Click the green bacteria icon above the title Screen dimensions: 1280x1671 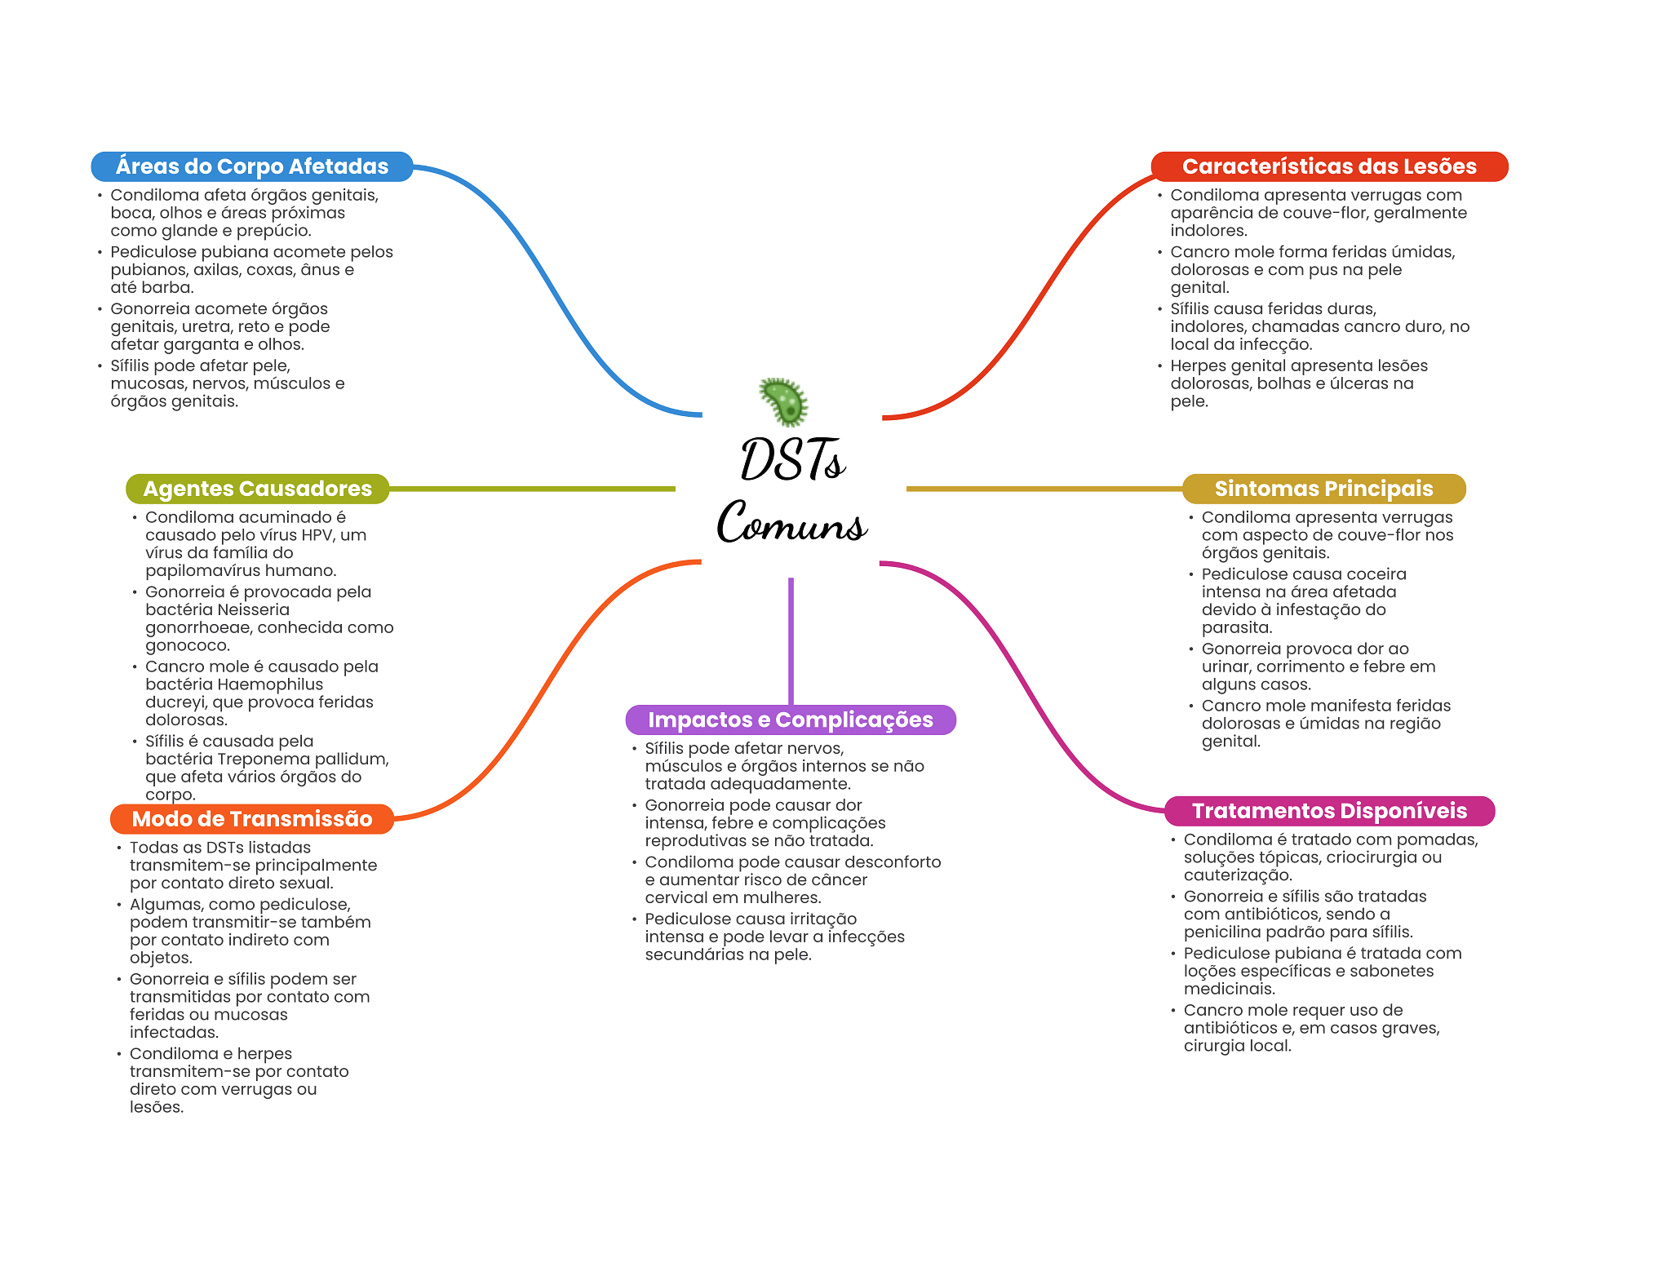[784, 401]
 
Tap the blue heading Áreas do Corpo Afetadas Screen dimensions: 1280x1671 [251, 166]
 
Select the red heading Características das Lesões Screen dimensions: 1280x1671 [1328, 166]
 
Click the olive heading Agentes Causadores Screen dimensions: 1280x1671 [257, 489]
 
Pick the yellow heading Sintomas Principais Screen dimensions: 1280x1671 [1323, 489]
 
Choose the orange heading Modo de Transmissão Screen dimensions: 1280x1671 [251, 819]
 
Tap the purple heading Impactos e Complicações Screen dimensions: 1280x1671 [790, 720]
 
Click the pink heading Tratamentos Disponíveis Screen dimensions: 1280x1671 [1328, 811]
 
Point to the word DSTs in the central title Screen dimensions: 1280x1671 [791, 461]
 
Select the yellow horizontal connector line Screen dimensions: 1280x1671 [1044, 489]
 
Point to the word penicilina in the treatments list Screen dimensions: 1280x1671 [1223, 932]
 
